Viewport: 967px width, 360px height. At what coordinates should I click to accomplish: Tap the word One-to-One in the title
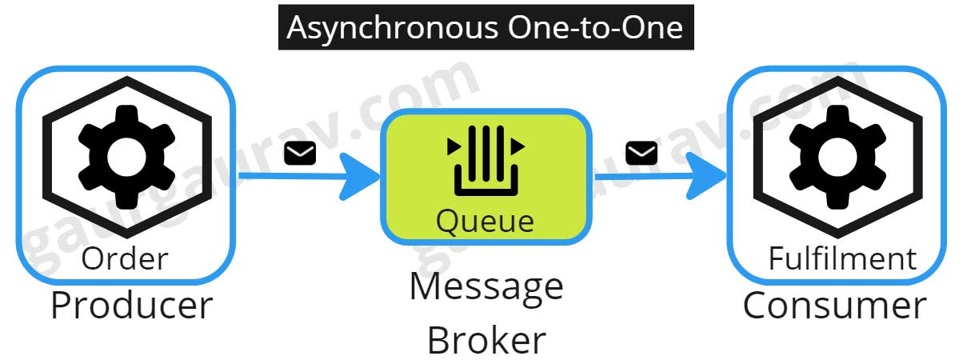tap(595, 29)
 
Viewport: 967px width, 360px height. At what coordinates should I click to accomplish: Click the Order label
tap(125, 258)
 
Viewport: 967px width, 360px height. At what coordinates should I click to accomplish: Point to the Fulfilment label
tap(841, 258)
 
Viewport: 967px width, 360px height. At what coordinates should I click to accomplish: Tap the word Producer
tap(132, 306)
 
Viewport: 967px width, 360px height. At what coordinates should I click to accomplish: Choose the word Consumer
tap(834, 306)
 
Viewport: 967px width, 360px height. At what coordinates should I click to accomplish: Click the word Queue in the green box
tap(485, 220)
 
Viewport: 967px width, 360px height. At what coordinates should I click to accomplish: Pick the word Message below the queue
tap(486, 286)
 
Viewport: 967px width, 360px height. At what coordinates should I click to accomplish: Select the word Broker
tap(486, 340)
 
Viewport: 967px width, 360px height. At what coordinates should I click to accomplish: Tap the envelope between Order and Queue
tap(300, 153)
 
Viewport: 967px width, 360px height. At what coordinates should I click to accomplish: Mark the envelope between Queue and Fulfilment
tap(641, 152)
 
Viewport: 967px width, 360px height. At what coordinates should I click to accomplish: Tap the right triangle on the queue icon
tap(517, 146)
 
